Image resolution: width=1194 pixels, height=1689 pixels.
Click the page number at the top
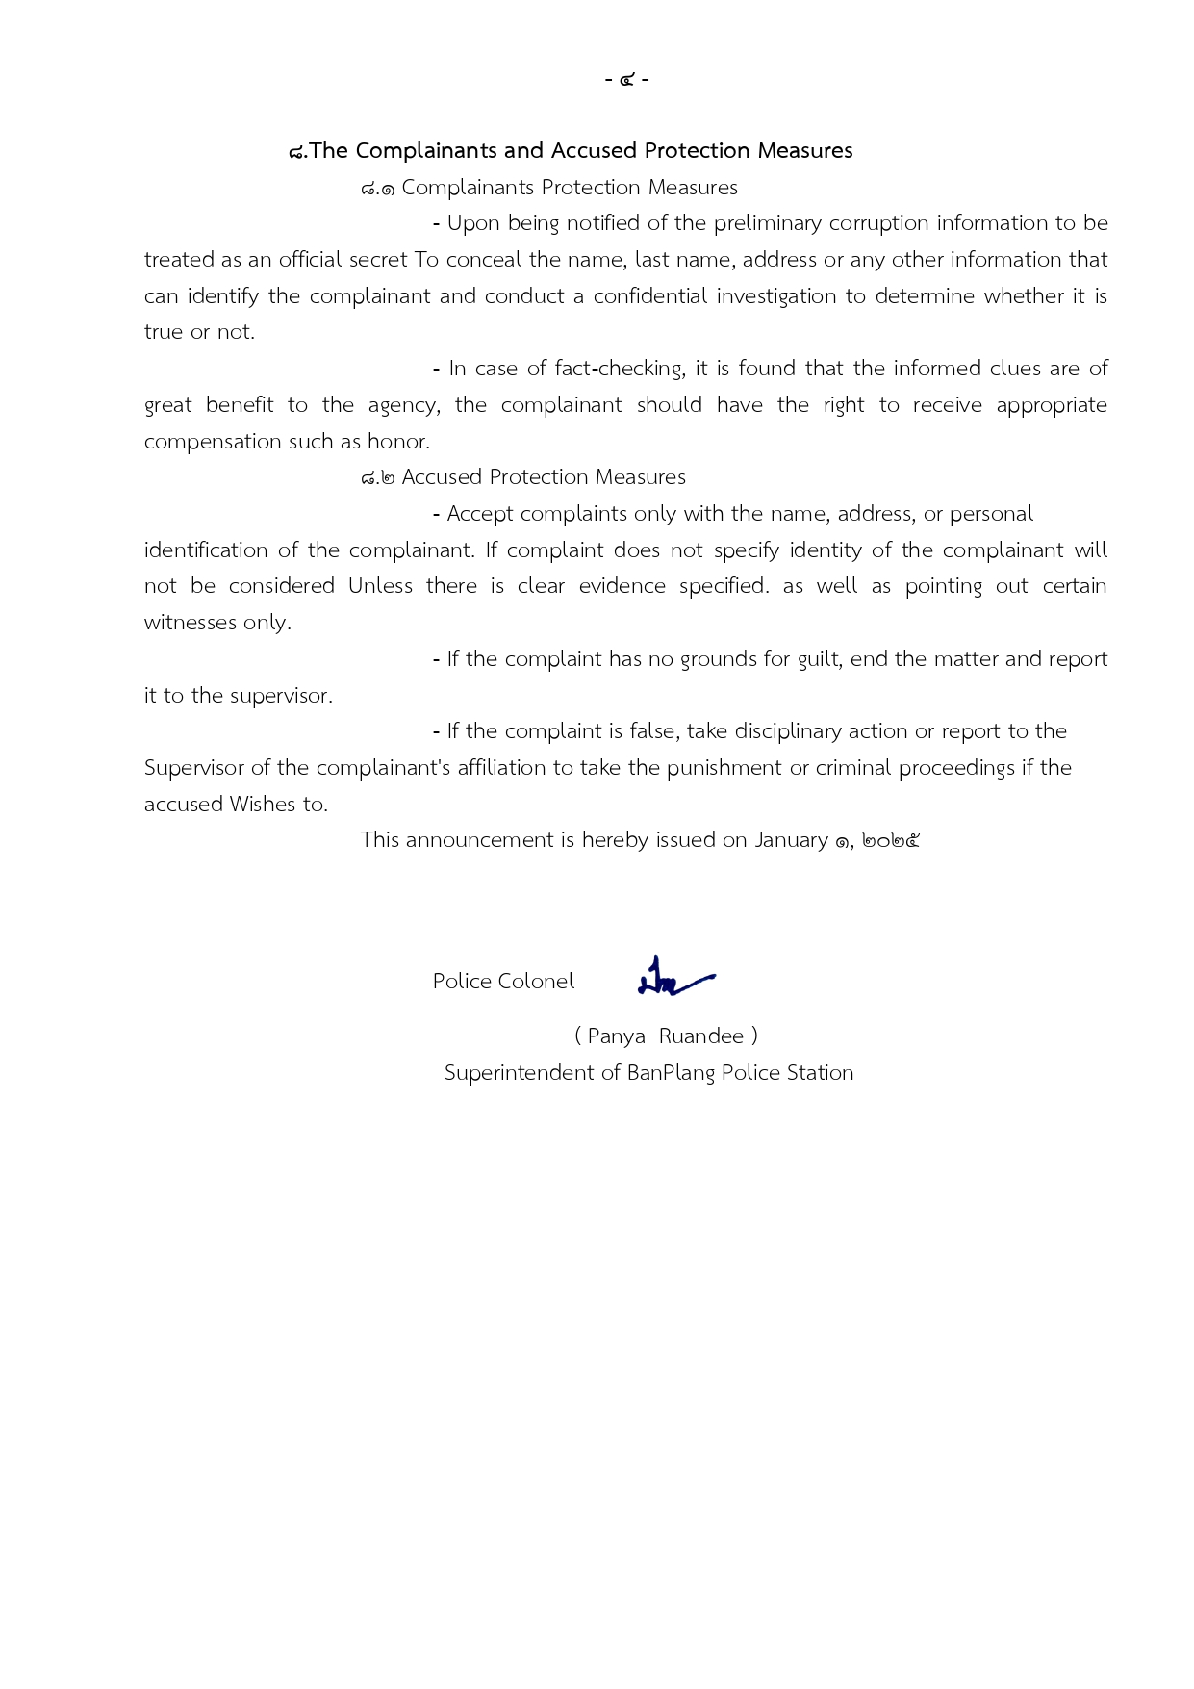click(626, 79)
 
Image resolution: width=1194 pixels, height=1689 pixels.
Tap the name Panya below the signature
click(616, 1036)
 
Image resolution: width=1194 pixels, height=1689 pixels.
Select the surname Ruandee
click(701, 1036)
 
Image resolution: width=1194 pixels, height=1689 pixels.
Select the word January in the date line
click(791, 840)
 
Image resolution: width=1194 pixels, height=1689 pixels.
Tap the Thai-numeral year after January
click(891, 841)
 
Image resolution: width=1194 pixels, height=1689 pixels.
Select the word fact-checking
click(619, 369)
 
